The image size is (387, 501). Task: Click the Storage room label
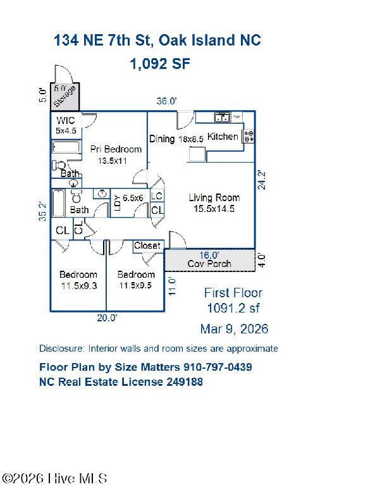(x=65, y=97)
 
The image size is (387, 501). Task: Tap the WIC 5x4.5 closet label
(x=66, y=126)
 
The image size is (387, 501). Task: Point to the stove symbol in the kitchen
(x=249, y=136)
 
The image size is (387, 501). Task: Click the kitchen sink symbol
(x=222, y=117)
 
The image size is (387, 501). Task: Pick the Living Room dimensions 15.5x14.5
(x=214, y=209)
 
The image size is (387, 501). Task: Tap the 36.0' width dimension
(x=166, y=101)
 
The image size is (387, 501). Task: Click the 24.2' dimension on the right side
(x=262, y=180)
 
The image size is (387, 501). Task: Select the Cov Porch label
(x=209, y=264)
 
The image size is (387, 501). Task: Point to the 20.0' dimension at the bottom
(x=107, y=318)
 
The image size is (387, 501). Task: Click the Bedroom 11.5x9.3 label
(x=78, y=280)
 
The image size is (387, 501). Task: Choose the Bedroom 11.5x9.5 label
(x=136, y=280)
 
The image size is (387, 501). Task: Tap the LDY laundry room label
(x=117, y=203)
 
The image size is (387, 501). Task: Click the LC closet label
(x=157, y=195)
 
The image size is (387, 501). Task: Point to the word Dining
(x=162, y=139)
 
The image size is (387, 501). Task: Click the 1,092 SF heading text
(x=160, y=64)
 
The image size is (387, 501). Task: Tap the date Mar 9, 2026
(x=234, y=329)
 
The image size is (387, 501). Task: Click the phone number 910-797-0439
(x=218, y=367)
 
